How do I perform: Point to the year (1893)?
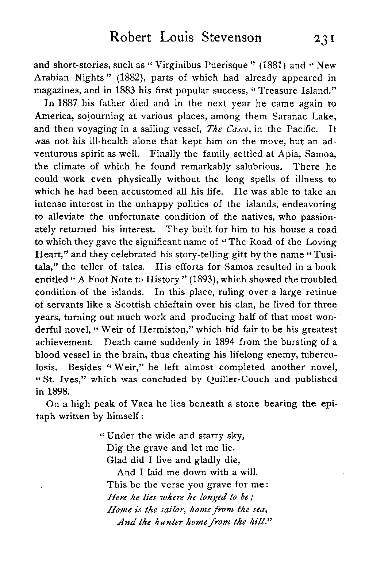(199, 279)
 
